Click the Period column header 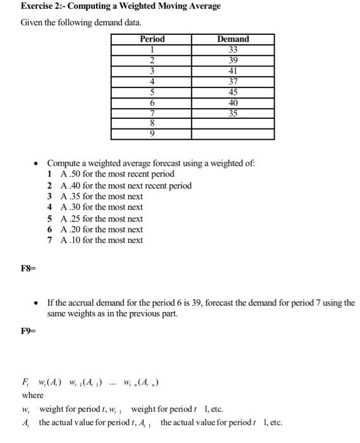tap(152, 39)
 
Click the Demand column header tap(233, 39)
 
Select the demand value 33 tap(233, 49)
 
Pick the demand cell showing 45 tap(233, 92)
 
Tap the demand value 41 tap(233, 71)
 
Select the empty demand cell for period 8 tap(233, 124)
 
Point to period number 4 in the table tap(152, 82)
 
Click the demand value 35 tap(233, 114)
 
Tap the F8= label tap(29, 268)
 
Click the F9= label tap(29, 330)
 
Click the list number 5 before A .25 tap(49, 218)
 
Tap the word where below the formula tap(33, 396)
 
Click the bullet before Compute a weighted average tap(37, 163)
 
